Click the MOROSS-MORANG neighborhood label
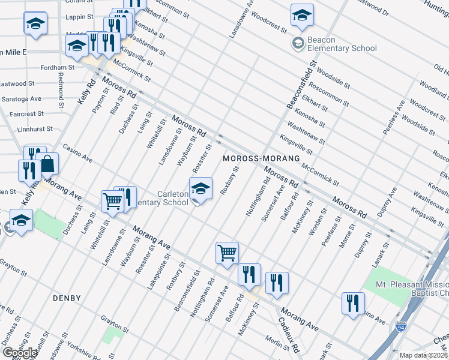pos(261,158)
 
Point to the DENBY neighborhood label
pos(67,298)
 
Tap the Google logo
pos(20,352)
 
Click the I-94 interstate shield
pos(401,328)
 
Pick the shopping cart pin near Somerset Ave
pos(227,253)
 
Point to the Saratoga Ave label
pos(20,98)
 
